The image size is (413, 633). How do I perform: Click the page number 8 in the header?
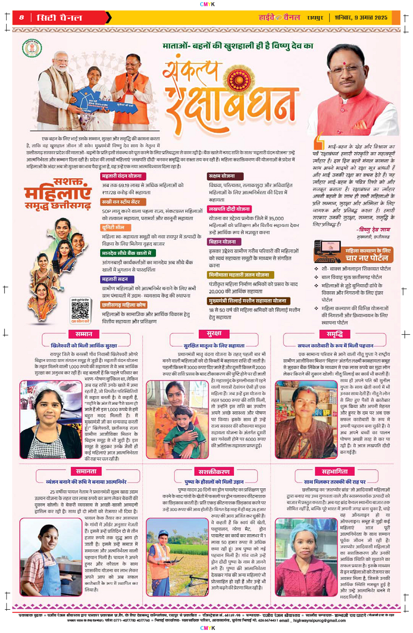point(22,17)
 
